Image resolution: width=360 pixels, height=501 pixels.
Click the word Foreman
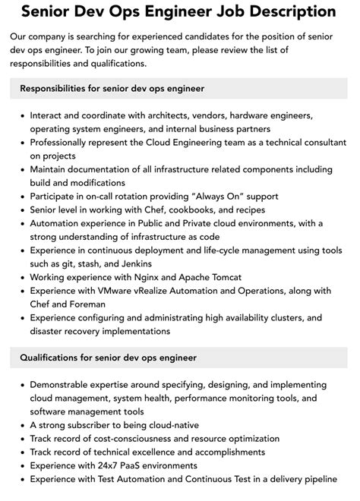click(88, 304)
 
